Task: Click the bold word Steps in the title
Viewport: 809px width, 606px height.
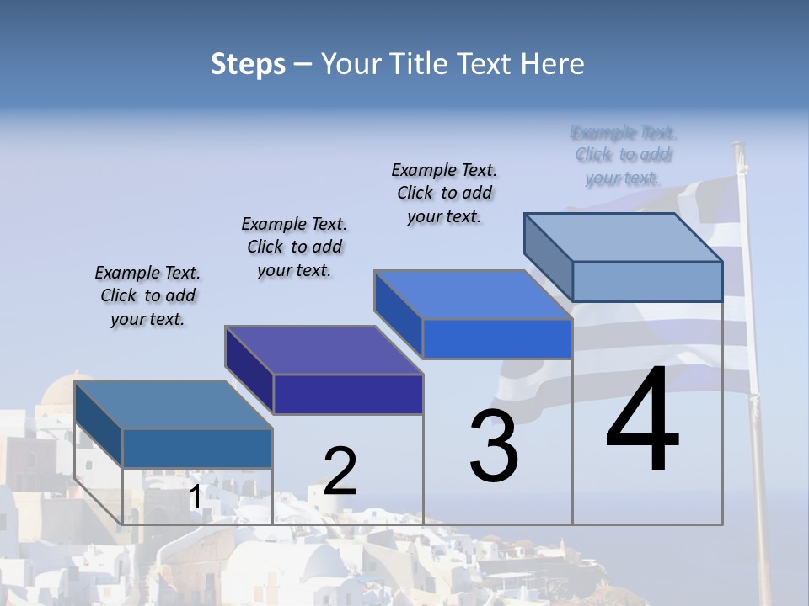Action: (248, 64)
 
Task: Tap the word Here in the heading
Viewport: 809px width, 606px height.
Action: (553, 64)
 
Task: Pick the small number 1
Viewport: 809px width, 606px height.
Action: (195, 497)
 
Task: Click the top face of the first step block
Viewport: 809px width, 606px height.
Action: (173, 405)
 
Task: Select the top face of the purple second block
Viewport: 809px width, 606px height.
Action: (324, 350)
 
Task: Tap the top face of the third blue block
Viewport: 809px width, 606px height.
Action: (474, 295)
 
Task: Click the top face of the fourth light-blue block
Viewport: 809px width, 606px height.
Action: (624, 237)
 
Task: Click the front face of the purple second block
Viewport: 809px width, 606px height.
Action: (348, 394)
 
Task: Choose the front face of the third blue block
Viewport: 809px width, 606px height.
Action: (497, 338)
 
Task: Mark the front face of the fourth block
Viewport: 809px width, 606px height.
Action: (647, 281)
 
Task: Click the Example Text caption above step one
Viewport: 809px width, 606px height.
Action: (147, 295)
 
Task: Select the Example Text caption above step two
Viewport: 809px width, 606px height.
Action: (294, 247)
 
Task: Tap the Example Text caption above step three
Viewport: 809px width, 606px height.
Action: (444, 193)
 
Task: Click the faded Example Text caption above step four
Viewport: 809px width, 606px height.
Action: (623, 155)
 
